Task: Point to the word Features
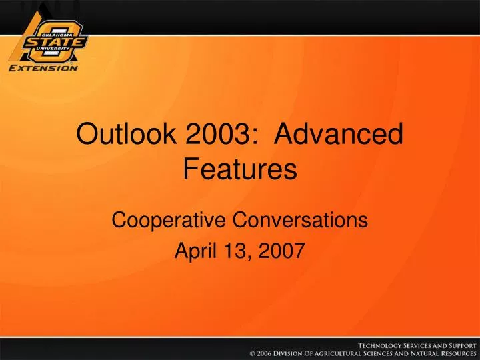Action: click(240, 170)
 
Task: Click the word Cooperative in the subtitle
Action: click(167, 219)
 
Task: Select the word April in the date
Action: click(192, 251)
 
